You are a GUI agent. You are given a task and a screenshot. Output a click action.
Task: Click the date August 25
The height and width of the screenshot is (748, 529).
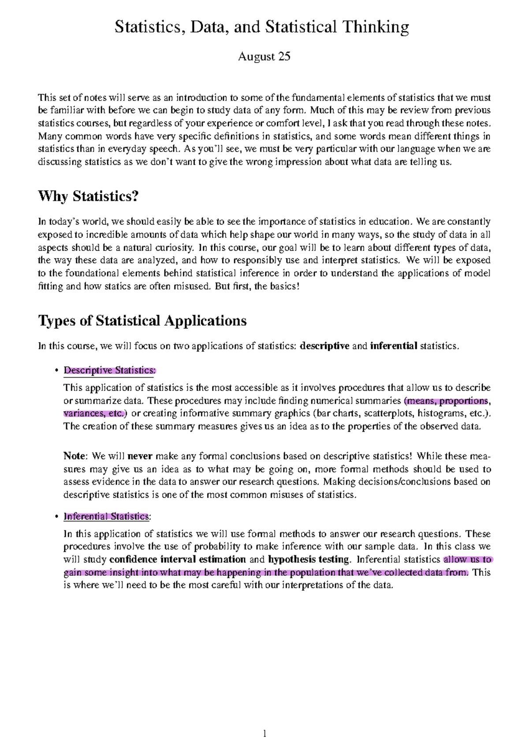(x=264, y=57)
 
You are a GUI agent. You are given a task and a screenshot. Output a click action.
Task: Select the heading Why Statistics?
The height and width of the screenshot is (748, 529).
(x=88, y=196)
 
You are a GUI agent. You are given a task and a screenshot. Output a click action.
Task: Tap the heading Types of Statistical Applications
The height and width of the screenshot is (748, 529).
(x=142, y=320)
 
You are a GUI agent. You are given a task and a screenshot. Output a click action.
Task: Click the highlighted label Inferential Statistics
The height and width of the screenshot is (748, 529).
(x=106, y=516)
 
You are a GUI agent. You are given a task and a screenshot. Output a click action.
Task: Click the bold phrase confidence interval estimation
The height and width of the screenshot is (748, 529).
(x=177, y=559)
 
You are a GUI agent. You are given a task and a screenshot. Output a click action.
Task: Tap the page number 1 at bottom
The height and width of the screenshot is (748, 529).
(x=264, y=733)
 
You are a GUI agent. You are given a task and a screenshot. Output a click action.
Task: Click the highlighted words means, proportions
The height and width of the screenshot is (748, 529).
(x=447, y=401)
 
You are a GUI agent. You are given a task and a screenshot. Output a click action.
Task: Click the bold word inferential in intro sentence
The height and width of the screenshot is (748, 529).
(x=394, y=346)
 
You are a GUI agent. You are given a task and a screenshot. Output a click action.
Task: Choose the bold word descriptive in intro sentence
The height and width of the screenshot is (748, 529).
(x=324, y=346)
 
